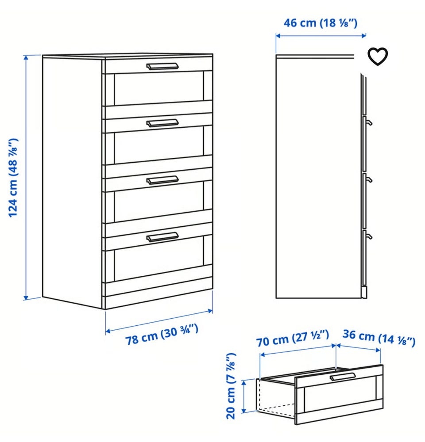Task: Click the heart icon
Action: click(378, 56)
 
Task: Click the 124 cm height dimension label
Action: click(13, 178)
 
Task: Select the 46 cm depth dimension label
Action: click(321, 23)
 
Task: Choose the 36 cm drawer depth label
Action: click(379, 337)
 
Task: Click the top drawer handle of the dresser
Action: click(162, 66)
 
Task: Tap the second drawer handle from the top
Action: click(162, 123)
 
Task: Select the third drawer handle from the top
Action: click(162, 180)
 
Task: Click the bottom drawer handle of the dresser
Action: click(162, 237)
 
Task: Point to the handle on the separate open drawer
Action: click(343, 377)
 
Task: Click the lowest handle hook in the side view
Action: click(368, 236)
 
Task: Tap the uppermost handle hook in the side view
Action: click(368, 122)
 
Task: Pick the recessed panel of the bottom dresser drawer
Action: click(159, 265)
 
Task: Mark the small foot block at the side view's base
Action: click(364, 293)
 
